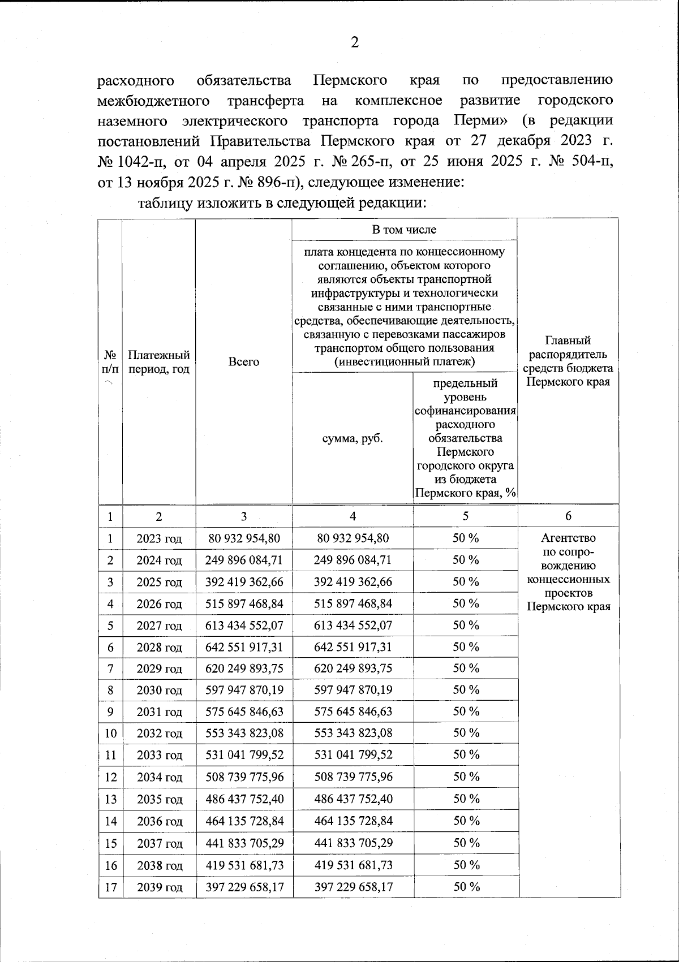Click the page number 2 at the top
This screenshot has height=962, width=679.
click(355, 42)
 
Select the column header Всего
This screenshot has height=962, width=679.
click(243, 362)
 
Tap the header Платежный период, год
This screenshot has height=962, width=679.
click(158, 362)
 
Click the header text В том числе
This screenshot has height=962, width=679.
click(404, 230)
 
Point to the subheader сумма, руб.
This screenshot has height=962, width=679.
click(353, 438)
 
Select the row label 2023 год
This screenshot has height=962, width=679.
click(159, 538)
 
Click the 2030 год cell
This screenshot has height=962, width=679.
click(159, 690)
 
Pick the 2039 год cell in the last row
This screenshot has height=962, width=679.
click(159, 887)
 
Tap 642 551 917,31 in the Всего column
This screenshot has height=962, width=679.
click(244, 647)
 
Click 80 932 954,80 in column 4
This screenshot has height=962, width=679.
click(353, 538)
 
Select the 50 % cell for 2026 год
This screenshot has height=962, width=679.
click(466, 603)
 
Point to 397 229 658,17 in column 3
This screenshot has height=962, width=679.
click(244, 887)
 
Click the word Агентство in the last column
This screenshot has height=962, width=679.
click(568, 538)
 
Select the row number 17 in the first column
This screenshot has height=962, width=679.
click(110, 887)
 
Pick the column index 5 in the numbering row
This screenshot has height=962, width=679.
click(465, 516)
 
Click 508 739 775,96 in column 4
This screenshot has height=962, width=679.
click(353, 776)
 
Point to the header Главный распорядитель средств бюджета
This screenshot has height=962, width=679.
click(568, 361)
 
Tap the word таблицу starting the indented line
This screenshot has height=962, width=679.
click(165, 203)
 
